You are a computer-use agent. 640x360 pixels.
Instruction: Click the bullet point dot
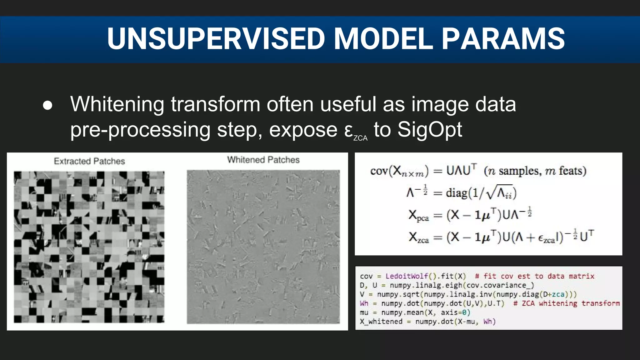pos(47,105)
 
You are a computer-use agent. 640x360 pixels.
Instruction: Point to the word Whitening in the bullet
pos(117,104)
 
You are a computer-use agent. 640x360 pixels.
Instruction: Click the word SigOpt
pos(429,129)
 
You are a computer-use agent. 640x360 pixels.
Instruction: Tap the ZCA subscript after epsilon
pos(360,138)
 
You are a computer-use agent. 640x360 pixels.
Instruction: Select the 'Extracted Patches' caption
pos(89,161)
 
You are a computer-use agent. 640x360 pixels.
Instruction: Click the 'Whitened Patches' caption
pos(263,160)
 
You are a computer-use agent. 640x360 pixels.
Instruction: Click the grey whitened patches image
pos(263,247)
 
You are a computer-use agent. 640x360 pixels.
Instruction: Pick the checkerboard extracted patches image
pos(89,247)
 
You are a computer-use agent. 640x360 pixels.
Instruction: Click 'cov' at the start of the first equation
pos(379,171)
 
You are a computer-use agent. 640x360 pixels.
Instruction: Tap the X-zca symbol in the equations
pos(418,237)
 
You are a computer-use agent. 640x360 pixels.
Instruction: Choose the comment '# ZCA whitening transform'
pos(566,303)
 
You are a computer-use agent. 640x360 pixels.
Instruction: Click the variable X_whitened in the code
pos(381,322)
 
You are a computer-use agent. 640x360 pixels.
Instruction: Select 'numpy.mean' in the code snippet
pos(402,312)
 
